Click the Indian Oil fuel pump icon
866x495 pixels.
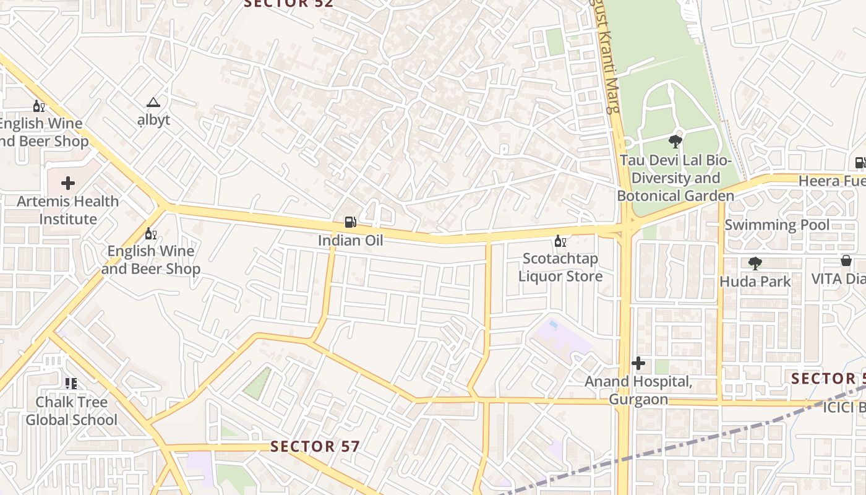(x=350, y=222)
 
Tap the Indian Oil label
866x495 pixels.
(x=350, y=240)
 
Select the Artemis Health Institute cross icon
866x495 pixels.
(x=68, y=183)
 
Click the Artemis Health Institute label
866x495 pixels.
(x=68, y=210)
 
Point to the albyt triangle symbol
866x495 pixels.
(x=153, y=102)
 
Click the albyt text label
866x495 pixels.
(x=153, y=119)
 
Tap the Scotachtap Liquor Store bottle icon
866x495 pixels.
(x=560, y=241)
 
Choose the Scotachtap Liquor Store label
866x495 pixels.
(x=560, y=267)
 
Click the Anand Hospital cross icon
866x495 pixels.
(x=638, y=363)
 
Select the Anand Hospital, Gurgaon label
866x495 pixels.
(x=638, y=390)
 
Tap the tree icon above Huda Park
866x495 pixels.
(x=755, y=264)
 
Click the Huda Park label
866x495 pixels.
(x=755, y=282)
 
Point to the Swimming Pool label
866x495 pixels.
(x=777, y=225)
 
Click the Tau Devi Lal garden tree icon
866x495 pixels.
(x=675, y=142)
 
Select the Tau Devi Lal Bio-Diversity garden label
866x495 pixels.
(x=675, y=178)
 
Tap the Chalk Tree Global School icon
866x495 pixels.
(x=71, y=384)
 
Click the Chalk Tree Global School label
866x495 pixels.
(x=71, y=411)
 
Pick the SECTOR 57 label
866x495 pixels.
(x=315, y=446)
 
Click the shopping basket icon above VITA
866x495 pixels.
(x=846, y=260)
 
